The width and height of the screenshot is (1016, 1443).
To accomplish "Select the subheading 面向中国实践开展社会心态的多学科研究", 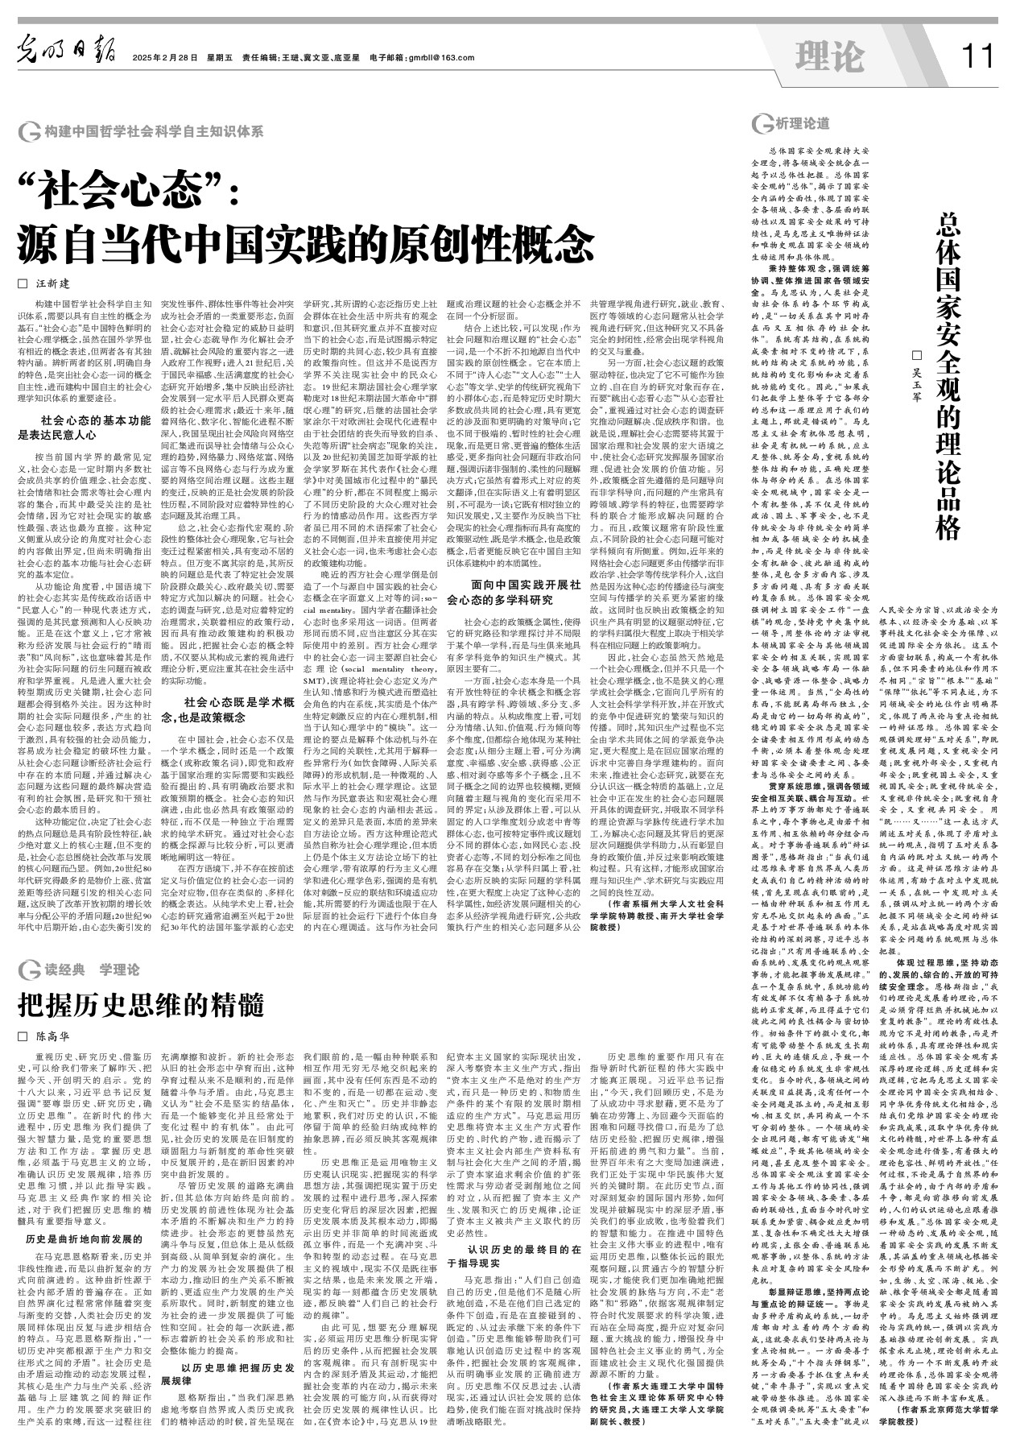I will pos(512,592).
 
